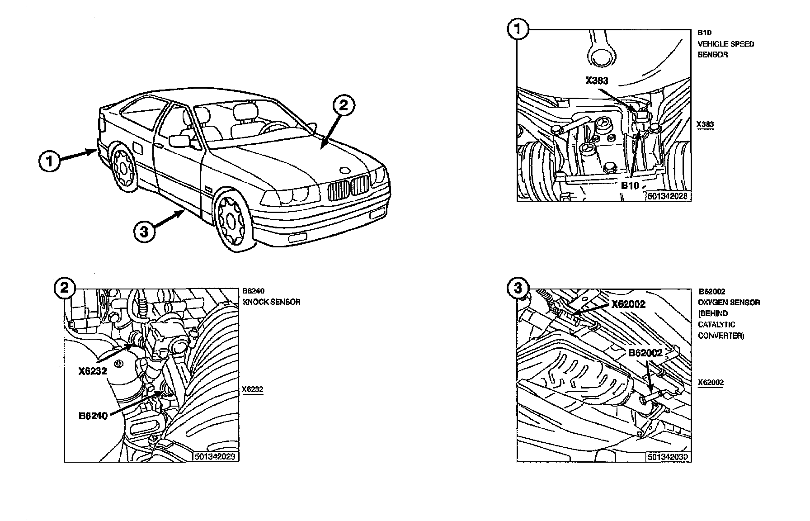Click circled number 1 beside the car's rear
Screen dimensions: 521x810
coord(50,161)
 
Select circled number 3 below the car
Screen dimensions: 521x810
coord(144,232)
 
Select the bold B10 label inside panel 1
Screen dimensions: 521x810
coord(630,185)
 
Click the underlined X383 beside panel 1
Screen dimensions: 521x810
coord(706,124)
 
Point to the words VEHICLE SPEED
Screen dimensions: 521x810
coord(726,44)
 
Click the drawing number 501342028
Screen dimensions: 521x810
coord(667,196)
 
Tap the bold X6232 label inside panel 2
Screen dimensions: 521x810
coord(92,371)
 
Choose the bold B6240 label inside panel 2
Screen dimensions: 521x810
coord(93,416)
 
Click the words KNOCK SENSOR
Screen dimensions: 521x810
coord(272,302)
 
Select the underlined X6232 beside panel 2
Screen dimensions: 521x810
coord(252,389)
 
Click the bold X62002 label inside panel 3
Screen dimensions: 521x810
coord(628,304)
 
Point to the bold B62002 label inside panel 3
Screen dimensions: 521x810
coord(645,353)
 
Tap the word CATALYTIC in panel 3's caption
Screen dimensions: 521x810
coord(717,325)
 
